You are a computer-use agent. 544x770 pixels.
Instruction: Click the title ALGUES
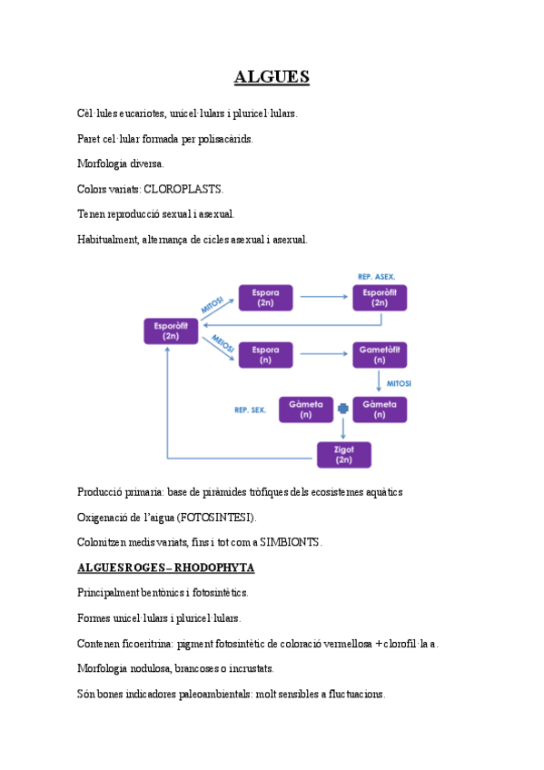272,77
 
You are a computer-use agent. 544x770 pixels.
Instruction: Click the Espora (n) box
266,354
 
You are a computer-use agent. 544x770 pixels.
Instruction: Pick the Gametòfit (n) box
380,354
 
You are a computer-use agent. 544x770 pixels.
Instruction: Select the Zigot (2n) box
343,455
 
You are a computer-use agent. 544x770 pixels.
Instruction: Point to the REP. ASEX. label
377,275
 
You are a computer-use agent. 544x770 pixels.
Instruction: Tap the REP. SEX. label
250,410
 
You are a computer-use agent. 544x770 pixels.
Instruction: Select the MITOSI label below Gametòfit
399,383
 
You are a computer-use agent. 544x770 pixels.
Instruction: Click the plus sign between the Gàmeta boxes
342,410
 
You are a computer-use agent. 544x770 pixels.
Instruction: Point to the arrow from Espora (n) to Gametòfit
322,354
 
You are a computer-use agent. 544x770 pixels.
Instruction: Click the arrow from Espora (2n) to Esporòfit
322,296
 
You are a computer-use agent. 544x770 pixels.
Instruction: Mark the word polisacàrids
223,139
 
